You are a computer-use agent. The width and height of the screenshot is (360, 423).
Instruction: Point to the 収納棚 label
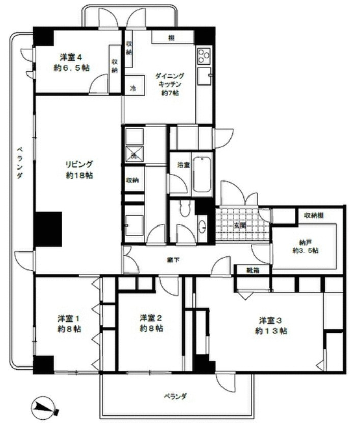click(314, 215)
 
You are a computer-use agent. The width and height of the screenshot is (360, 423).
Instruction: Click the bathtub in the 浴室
click(202, 175)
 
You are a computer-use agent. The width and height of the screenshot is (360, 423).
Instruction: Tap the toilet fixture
click(185, 207)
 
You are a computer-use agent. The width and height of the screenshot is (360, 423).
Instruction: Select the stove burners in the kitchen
click(204, 53)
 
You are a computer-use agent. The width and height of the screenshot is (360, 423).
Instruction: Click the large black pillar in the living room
click(48, 230)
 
